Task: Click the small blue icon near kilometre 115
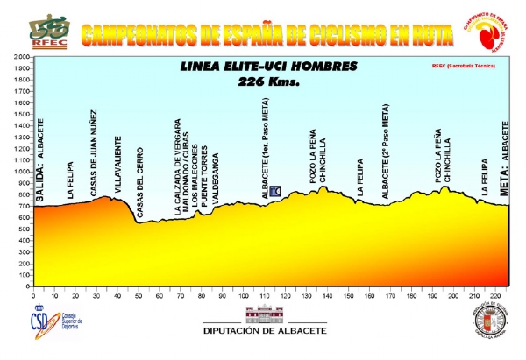[274, 191]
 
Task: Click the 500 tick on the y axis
[19, 229]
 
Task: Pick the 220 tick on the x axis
[495, 297]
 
